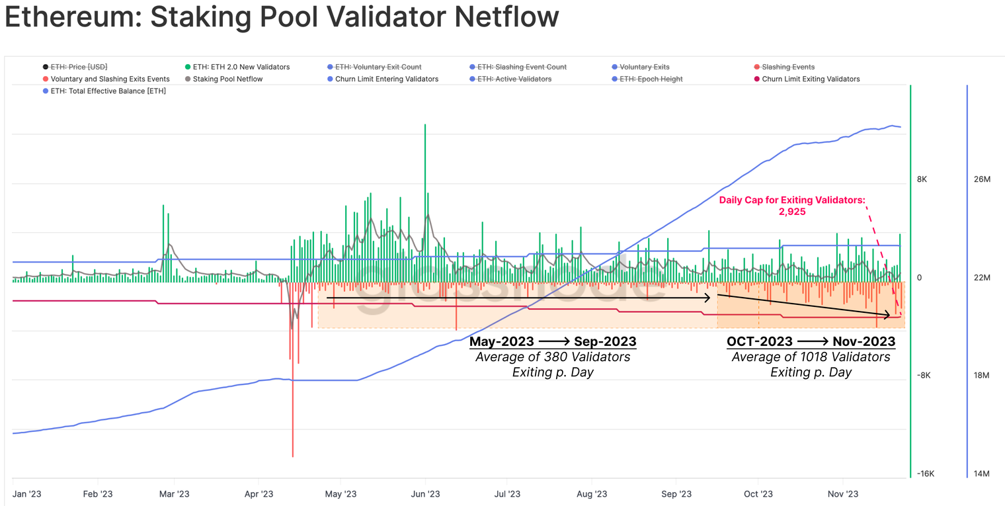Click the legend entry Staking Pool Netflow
(x=227, y=79)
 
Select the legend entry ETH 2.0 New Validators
(x=241, y=67)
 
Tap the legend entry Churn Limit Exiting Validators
(x=811, y=79)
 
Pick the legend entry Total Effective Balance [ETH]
(x=108, y=91)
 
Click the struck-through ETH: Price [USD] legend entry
(x=79, y=67)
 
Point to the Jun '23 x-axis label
(x=425, y=494)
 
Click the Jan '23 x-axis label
(x=28, y=494)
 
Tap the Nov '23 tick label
(x=843, y=494)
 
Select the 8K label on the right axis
(x=922, y=179)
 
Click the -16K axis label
(x=925, y=474)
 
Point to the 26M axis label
(x=982, y=179)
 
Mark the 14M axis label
(x=982, y=474)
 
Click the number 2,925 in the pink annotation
(x=792, y=212)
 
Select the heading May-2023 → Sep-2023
(x=553, y=342)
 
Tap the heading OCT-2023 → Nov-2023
(x=811, y=342)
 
